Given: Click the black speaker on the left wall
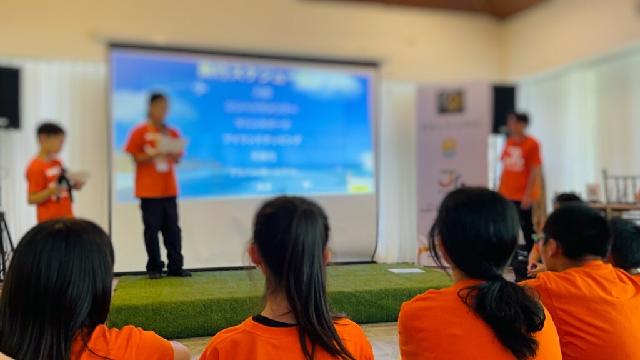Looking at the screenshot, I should pyautogui.click(x=9, y=97).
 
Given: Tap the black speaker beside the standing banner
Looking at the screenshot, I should pyautogui.click(x=503, y=108).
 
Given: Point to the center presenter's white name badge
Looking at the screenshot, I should pyautogui.click(x=162, y=165).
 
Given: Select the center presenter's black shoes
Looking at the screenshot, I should pyautogui.click(x=167, y=273).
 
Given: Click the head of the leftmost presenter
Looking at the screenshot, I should pyautogui.click(x=51, y=137).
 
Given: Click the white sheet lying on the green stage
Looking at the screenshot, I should pyautogui.click(x=406, y=271).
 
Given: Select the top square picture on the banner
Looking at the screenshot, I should pyautogui.click(x=451, y=102).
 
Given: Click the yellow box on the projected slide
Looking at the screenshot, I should pyautogui.click(x=359, y=187).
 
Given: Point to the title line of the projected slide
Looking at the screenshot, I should pyautogui.click(x=242, y=71).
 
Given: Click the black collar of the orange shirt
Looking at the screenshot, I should pyautogui.click(x=275, y=321).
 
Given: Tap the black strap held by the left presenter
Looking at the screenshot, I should pyautogui.click(x=64, y=185).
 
